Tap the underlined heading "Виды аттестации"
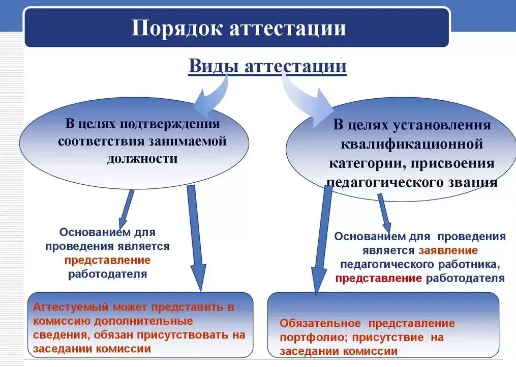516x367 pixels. tap(267, 66)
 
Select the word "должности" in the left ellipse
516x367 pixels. tap(142, 158)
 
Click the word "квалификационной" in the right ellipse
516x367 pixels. tap(411, 144)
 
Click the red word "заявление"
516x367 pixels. tap(448, 250)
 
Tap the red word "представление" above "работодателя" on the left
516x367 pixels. tap(108, 260)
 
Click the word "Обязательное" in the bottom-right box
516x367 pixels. tap(320, 324)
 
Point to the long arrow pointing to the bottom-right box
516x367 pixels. tap(320, 239)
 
